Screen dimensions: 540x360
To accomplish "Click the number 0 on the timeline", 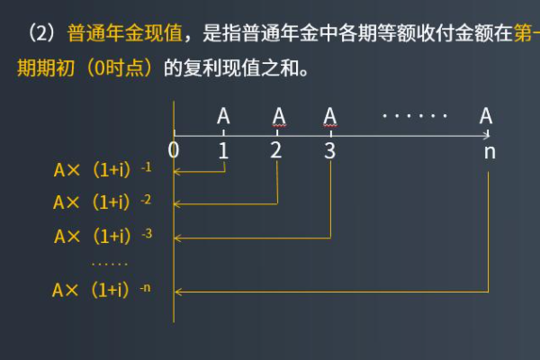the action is pyautogui.click(x=174, y=150).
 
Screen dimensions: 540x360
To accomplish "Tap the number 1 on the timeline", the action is pyautogui.click(x=223, y=150).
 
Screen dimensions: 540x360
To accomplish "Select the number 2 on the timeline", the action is pyautogui.click(x=276, y=150).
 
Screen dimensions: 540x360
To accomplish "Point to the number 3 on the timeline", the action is pyautogui.click(x=330, y=150).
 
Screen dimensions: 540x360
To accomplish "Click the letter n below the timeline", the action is pyautogui.click(x=490, y=151).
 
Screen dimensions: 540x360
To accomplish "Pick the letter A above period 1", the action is pyautogui.click(x=223, y=116).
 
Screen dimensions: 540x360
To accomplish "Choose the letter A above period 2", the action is pyautogui.click(x=278, y=116).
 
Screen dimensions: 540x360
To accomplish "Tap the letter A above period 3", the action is pyautogui.click(x=330, y=116).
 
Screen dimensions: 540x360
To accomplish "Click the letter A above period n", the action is pyautogui.click(x=486, y=116).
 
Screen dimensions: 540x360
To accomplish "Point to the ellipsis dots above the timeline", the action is pyautogui.click(x=414, y=116).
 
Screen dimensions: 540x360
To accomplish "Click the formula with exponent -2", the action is pyautogui.click(x=103, y=202).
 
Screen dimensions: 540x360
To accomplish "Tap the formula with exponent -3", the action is pyautogui.click(x=103, y=236).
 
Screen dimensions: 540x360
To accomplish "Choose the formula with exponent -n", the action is pyautogui.click(x=103, y=290).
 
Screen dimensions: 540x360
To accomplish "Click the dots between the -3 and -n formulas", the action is pyautogui.click(x=110, y=264).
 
